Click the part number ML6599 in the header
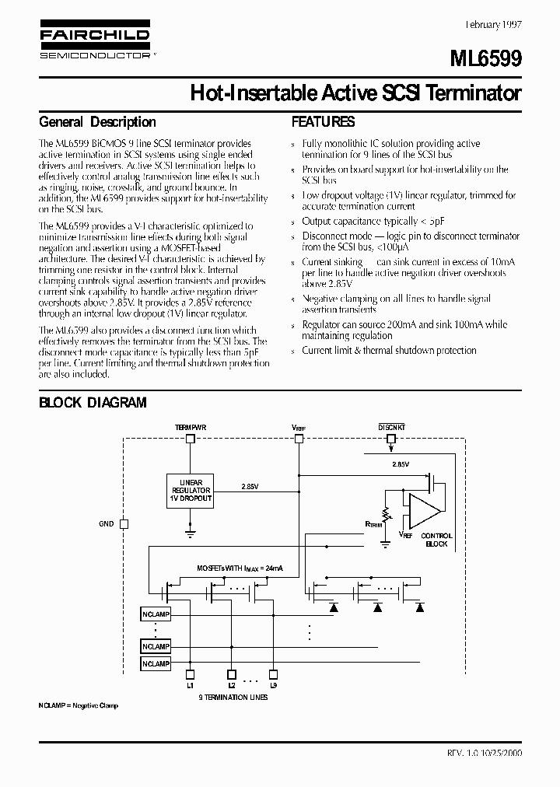pyautogui.click(x=488, y=59)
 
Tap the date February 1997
pyautogui.click(x=492, y=25)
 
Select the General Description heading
pyautogui.click(x=97, y=122)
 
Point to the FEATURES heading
pyautogui.click(x=323, y=122)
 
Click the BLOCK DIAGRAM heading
pyautogui.click(x=93, y=402)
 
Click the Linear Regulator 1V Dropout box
pyautogui.click(x=191, y=491)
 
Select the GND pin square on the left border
pyautogui.click(x=124, y=524)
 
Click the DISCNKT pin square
pyautogui.click(x=391, y=439)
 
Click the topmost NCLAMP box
pyautogui.click(x=156, y=614)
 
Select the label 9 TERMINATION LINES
pyautogui.click(x=233, y=698)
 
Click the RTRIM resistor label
pyautogui.click(x=373, y=525)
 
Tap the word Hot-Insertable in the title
pyautogui.click(x=250, y=94)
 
